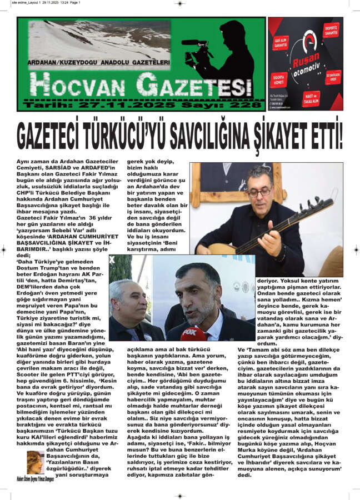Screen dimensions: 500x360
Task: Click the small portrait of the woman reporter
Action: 34,459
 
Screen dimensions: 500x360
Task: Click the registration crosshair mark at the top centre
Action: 179,3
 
